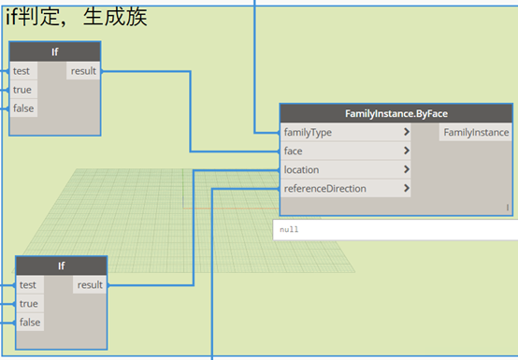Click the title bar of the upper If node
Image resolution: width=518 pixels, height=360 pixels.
point(55,51)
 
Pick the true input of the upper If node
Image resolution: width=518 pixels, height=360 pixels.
point(23,90)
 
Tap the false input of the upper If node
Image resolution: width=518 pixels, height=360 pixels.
point(23,108)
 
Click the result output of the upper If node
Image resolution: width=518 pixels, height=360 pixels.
point(83,71)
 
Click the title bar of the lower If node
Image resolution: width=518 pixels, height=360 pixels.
point(62,266)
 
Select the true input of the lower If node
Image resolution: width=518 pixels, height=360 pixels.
point(30,304)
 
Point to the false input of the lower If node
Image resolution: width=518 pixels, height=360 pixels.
point(30,322)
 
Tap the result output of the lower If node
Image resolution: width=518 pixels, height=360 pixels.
point(90,284)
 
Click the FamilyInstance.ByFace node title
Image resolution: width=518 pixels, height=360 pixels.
point(396,114)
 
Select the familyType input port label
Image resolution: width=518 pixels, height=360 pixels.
point(308,133)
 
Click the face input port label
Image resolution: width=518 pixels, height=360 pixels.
point(294,151)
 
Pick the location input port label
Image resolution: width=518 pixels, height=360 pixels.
point(302,170)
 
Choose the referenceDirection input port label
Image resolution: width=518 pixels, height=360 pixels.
point(325,189)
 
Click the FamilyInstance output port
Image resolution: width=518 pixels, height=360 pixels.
point(476,133)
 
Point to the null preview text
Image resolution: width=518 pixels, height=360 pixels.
point(289,229)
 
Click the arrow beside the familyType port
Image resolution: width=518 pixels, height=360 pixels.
point(407,132)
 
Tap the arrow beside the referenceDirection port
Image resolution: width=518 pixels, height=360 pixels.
point(407,188)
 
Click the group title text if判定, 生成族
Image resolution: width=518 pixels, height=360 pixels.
point(77,17)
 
